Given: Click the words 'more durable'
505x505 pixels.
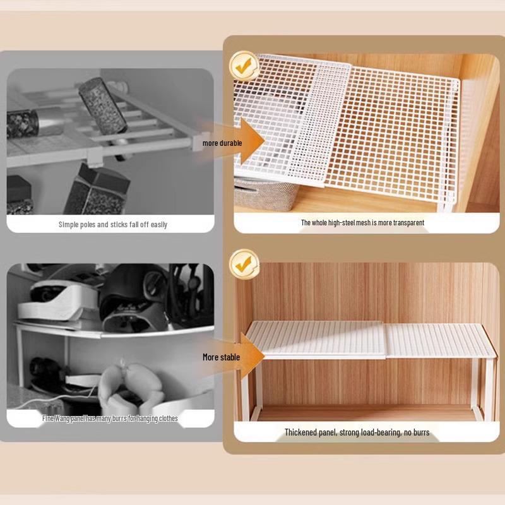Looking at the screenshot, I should pos(222,143).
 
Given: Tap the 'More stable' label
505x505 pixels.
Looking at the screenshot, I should pos(221,357).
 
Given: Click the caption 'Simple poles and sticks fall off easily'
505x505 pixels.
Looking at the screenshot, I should pos(113,224).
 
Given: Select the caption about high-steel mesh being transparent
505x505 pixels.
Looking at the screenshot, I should pos(362,223).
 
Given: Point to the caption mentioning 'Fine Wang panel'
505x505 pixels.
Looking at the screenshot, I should pos(110,418).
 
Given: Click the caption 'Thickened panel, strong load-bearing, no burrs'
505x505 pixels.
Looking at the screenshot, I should pos(357,432).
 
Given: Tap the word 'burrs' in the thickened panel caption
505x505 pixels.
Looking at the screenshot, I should pos(420,432).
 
